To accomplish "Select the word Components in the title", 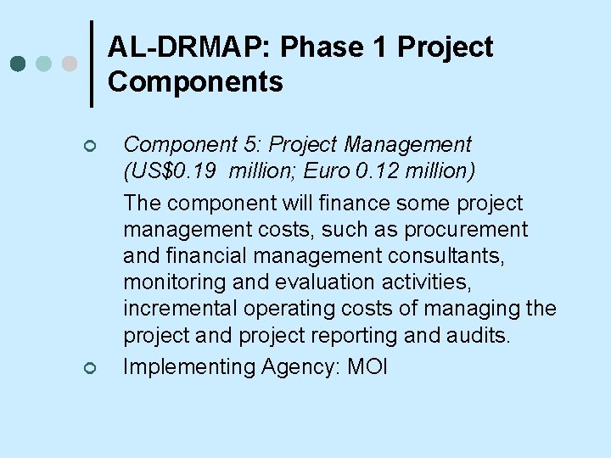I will point(195,82).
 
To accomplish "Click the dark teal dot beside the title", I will point(19,64).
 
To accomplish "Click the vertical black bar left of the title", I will point(92,64).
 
